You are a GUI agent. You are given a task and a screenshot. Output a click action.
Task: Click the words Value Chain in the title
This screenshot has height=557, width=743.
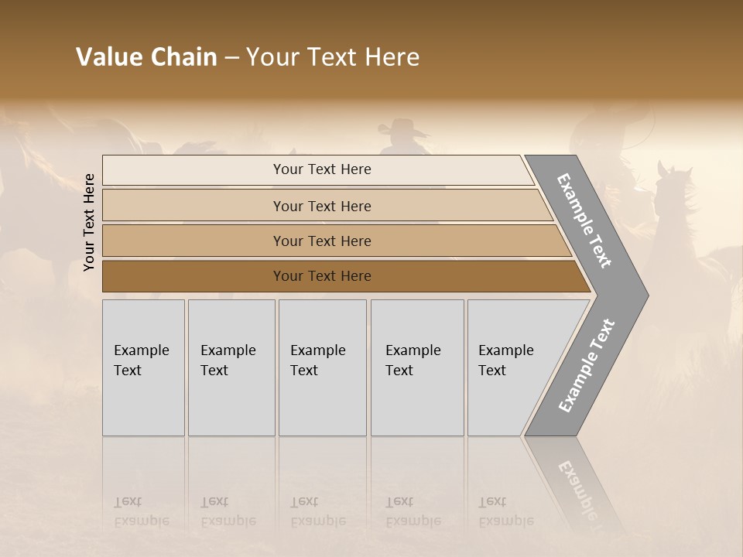coord(146,57)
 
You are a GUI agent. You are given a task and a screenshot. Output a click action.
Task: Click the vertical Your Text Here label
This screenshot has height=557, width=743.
coord(89,222)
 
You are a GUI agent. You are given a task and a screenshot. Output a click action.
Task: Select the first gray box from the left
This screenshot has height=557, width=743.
coord(143,367)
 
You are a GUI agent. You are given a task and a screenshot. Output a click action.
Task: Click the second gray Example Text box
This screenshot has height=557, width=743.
coord(231,367)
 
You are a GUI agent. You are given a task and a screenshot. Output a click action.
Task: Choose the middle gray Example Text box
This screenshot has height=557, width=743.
coord(322,367)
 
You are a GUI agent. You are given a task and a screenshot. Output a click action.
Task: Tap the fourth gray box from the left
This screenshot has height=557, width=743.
coord(417,367)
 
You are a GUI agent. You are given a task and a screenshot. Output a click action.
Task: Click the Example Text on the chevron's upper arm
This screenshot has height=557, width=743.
coord(585,220)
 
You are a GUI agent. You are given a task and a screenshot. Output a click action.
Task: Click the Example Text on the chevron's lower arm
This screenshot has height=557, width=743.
coord(587,366)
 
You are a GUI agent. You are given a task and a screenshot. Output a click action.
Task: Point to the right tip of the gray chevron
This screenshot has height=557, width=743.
coord(645,295)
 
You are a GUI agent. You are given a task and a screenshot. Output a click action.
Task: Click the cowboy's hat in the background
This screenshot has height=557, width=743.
coord(403,127)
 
